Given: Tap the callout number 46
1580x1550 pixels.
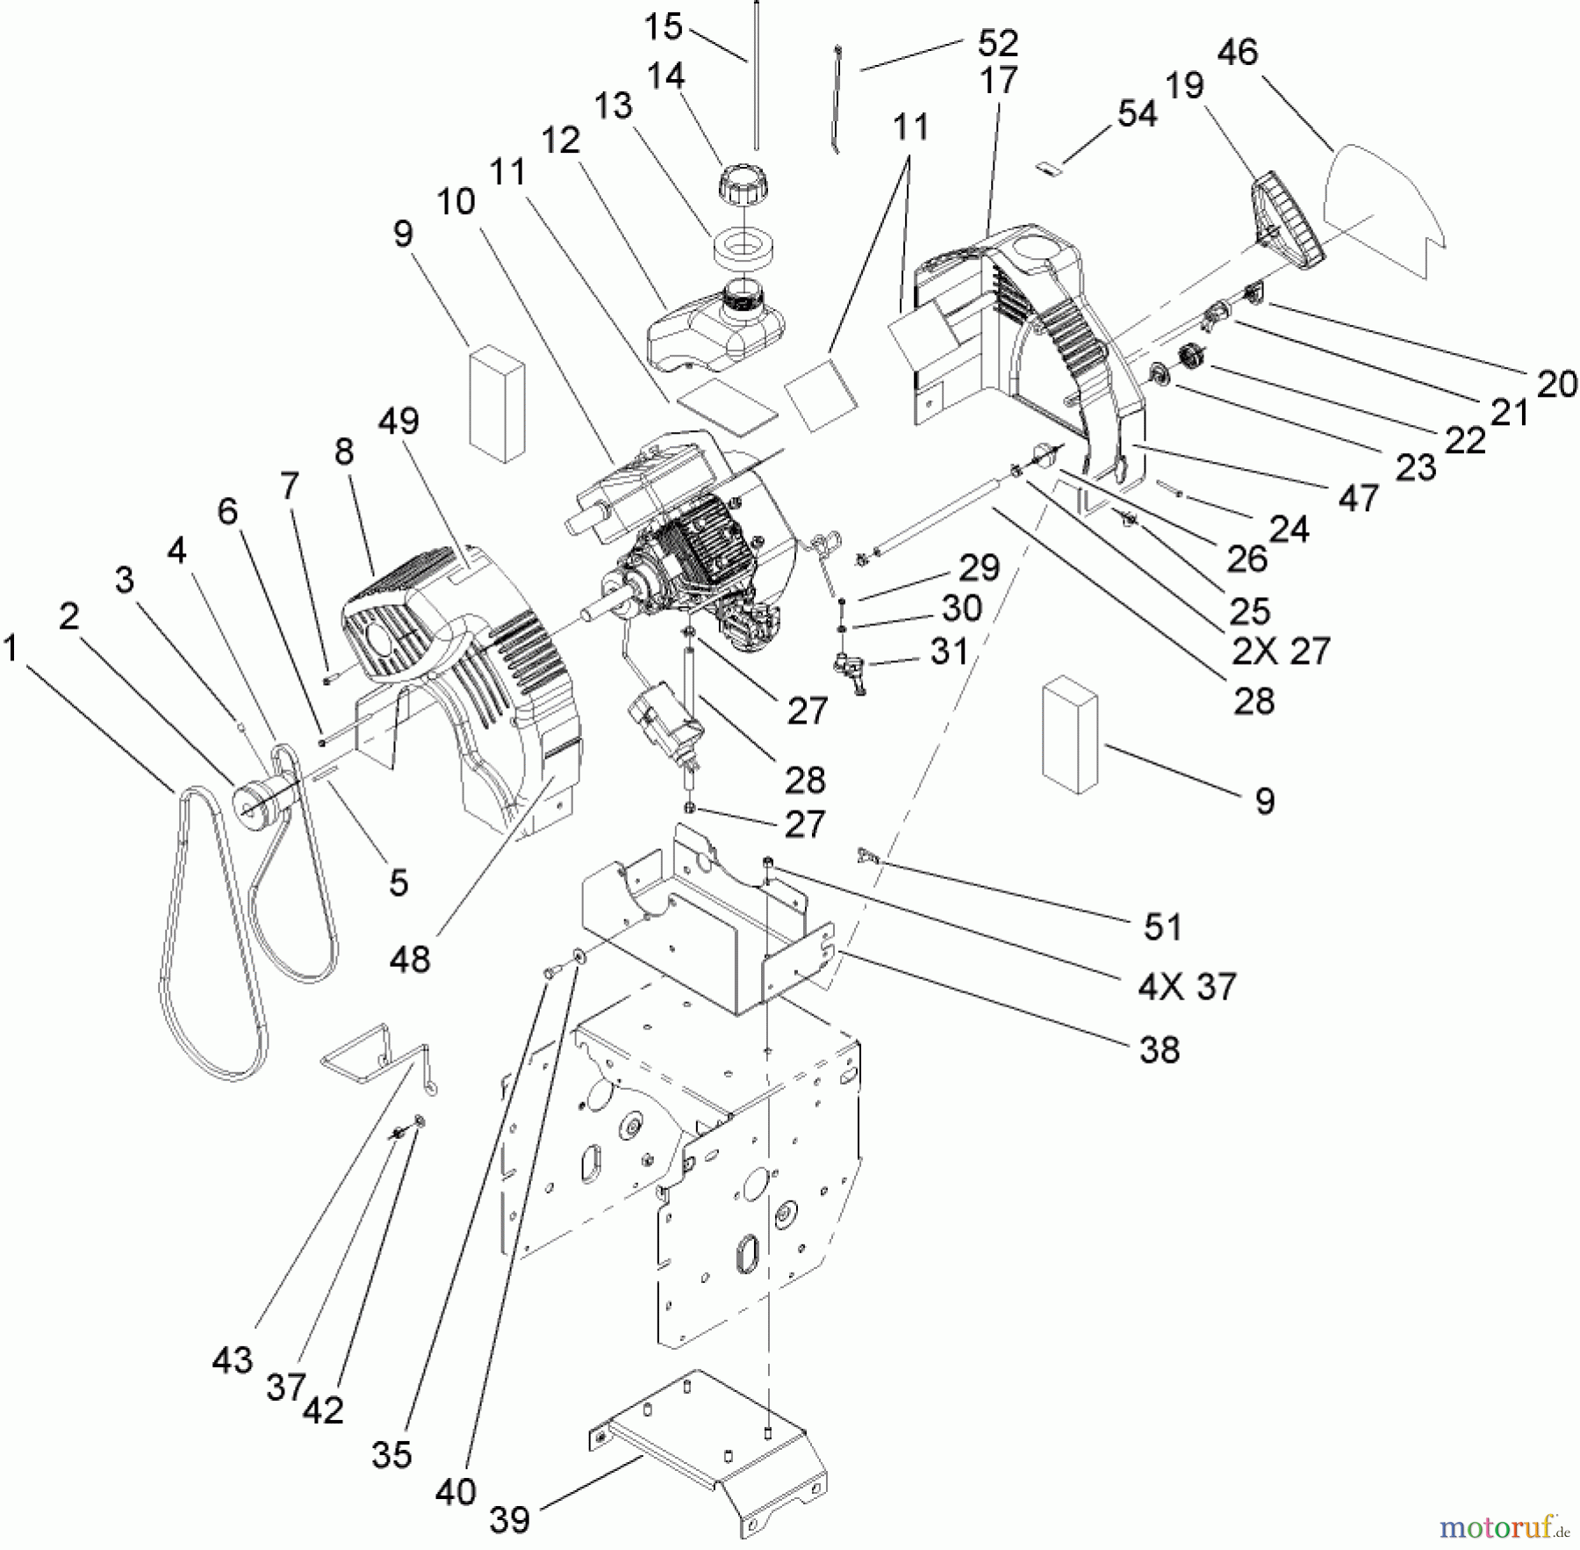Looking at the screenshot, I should [x=1238, y=53].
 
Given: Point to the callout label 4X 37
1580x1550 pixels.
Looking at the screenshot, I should [x=1187, y=986].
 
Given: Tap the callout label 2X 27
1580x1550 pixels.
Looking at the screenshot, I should [x=1281, y=652].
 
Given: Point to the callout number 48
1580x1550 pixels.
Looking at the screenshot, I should [x=410, y=959].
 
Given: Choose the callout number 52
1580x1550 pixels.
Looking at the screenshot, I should [x=997, y=42].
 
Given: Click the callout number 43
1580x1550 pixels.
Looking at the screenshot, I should [x=232, y=1360].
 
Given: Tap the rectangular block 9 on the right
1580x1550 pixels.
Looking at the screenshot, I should [x=1069, y=735].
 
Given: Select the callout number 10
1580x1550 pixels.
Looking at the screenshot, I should [x=456, y=202].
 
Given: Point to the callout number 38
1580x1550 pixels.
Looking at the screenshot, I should [x=1159, y=1049].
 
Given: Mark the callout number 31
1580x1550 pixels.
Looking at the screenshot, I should [x=949, y=652].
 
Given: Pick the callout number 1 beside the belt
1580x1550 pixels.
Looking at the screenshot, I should [x=11, y=649].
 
